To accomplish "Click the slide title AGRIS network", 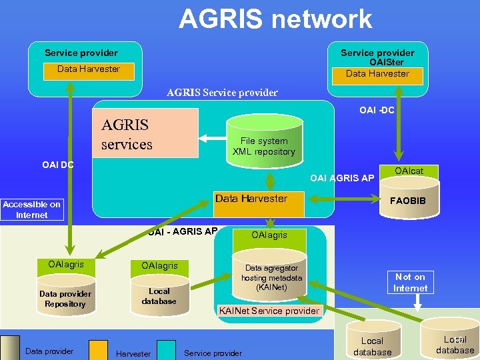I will pos(275,19).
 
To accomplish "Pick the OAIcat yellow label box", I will pos(408,171).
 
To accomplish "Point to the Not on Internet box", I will pos(410,282).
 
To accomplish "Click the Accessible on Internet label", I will pos(32,209).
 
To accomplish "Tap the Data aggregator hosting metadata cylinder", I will pos(271,277).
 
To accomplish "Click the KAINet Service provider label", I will pos(269,311).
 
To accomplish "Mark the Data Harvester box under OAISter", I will pos(377,74).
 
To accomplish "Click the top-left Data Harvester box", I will pos(89,69).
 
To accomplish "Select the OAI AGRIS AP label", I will pos(342,177).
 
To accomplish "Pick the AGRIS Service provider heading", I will pos(222,93).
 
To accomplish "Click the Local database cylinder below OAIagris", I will pos(159,297).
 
